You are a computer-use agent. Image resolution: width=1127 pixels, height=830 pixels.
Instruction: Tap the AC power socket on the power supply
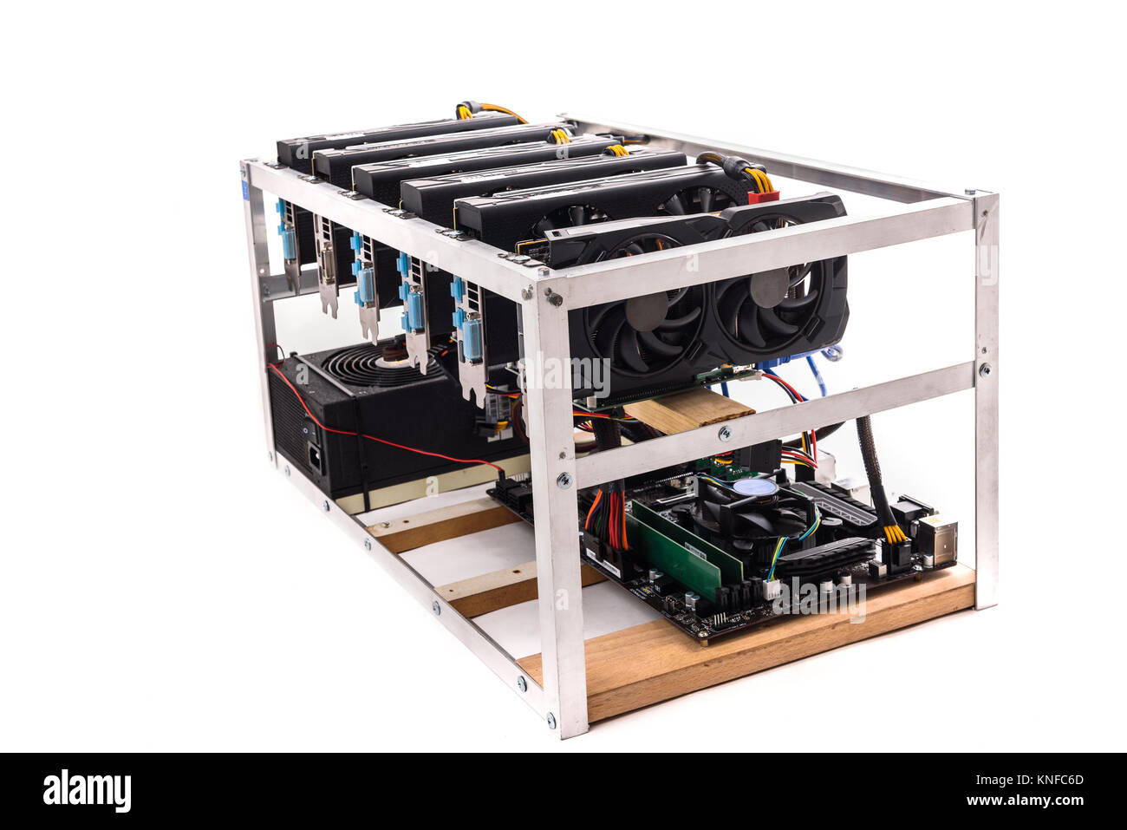[314, 454]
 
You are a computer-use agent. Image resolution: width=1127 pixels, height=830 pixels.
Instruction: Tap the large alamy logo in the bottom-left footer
[87, 790]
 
